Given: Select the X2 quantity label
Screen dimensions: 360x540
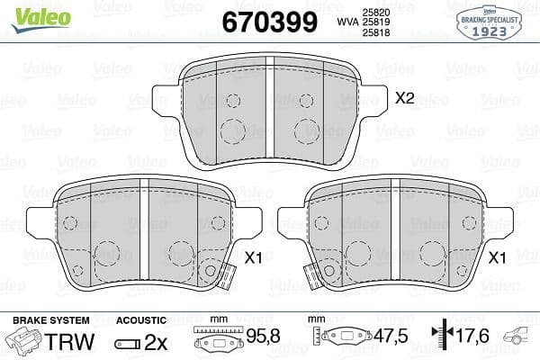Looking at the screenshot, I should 405,98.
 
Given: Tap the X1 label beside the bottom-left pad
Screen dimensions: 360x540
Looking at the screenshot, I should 253,257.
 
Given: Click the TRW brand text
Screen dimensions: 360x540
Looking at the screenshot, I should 69,342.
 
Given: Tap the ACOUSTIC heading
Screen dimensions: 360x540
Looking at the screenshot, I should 141,320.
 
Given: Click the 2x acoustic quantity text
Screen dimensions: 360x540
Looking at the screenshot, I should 156,342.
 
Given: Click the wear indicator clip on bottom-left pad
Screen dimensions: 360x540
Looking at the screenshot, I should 212,271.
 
